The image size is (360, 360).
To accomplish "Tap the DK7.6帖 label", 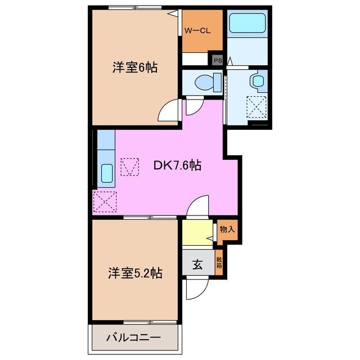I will coord(178,166).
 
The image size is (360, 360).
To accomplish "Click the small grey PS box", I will coord(217,58).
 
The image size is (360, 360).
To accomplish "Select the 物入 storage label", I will coord(227,229).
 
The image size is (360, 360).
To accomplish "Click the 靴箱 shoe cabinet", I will coord(219,263).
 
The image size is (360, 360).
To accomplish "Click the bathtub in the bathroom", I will coord(247,25).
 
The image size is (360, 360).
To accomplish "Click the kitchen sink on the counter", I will coord(106,173).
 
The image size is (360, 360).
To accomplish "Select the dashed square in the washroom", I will coord(258,106).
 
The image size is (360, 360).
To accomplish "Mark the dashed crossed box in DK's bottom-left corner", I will coord(105,201).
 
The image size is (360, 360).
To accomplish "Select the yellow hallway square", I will coord(197,232).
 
